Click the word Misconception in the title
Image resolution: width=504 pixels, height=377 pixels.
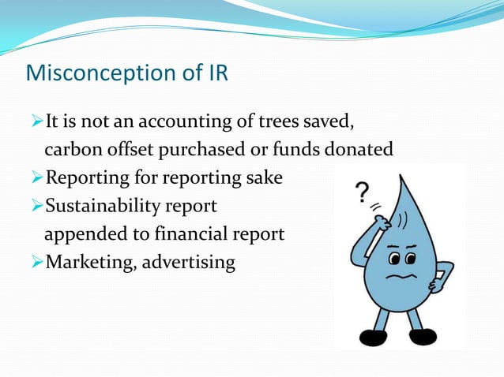click(x=96, y=73)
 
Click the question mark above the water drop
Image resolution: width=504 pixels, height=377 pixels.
click(x=363, y=192)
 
